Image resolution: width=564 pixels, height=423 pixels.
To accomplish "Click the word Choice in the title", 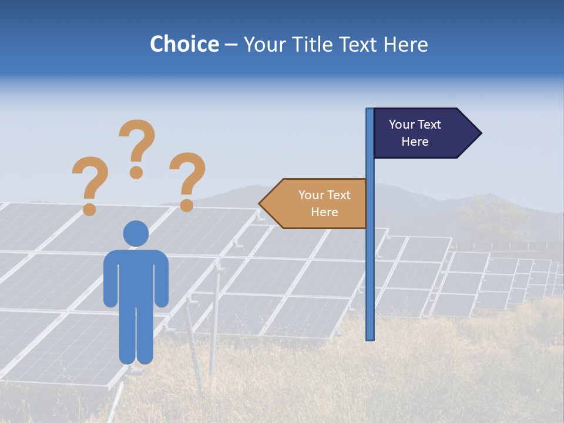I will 184,44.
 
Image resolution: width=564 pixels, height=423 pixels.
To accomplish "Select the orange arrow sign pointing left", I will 317,203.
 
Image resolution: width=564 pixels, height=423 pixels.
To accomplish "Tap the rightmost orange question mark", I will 187,176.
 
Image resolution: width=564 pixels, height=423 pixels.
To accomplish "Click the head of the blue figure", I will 136,233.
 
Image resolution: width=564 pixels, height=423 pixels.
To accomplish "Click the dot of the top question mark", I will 136,172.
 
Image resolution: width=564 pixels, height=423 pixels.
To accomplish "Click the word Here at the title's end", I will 405,44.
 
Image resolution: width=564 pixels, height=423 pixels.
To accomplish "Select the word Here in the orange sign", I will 324,212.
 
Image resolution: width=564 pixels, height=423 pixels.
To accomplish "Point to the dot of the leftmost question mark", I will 89,209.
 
